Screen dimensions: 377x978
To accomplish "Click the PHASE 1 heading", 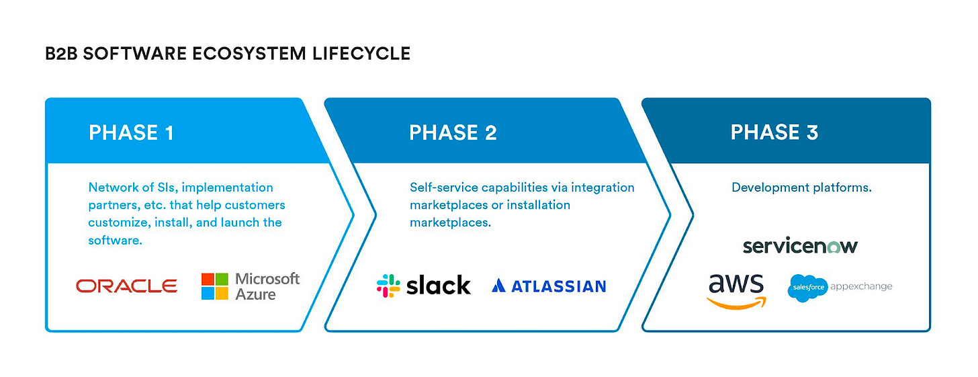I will click(x=131, y=132).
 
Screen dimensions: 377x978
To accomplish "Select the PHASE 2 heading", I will click(x=453, y=132).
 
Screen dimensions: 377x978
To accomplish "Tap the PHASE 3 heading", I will click(x=774, y=132).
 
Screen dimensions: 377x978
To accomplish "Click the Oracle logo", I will click(x=126, y=286).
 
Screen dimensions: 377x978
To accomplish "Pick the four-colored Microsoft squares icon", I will click(x=215, y=286).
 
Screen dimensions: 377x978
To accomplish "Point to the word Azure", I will click(x=255, y=294).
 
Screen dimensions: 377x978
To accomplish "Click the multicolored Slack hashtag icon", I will click(x=388, y=286).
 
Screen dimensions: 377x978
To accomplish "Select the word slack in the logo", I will click(x=439, y=286).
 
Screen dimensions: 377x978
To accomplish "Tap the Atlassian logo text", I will click(x=558, y=286).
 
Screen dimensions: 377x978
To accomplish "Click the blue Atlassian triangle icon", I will click(x=498, y=286).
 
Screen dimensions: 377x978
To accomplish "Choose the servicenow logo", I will click(x=800, y=246).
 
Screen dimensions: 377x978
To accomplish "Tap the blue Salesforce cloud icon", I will click(x=807, y=288).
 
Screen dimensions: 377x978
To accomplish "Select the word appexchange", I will click(x=862, y=287).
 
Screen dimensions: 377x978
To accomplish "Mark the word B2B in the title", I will click(x=62, y=54).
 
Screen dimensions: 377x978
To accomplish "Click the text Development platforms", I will click(x=801, y=187).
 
